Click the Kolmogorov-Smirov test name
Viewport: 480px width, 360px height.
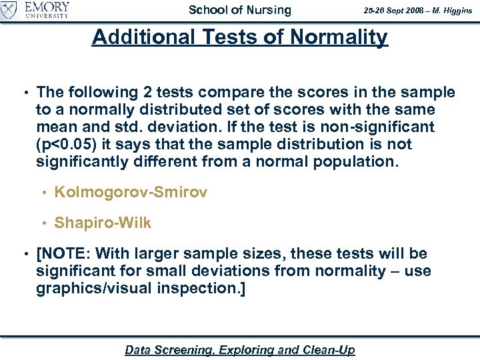coord(131,193)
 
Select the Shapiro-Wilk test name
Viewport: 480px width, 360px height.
coord(103,223)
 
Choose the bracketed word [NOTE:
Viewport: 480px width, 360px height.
coord(65,254)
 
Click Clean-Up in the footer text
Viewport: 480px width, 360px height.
coord(329,350)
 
